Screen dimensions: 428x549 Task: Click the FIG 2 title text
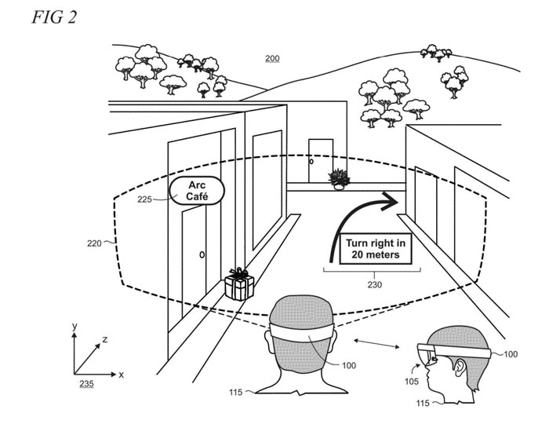tap(54, 16)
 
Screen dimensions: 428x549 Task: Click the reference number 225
tap(145, 199)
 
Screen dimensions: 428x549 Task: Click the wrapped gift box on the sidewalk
tap(239, 284)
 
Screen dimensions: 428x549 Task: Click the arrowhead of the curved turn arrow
tap(390, 201)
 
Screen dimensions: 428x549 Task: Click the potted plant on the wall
tap(340, 179)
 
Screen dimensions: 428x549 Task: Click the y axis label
tap(74, 325)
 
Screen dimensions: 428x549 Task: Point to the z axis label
tap(105, 339)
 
